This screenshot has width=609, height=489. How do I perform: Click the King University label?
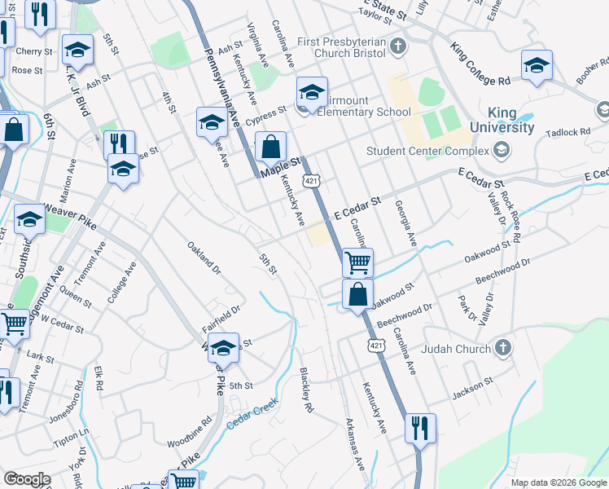coord(512,120)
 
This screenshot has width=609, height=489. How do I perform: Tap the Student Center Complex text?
coord(427,151)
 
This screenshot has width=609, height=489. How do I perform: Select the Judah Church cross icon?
coord(503,349)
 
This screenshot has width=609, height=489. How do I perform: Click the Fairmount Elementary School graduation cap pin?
coord(312,94)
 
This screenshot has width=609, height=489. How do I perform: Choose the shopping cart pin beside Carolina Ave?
coord(357,263)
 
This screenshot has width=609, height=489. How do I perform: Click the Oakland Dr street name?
coord(204,258)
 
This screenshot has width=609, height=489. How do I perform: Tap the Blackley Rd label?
coord(306,388)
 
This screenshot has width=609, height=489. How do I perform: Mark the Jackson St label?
coord(474,386)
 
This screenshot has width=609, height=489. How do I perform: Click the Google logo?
coord(27,479)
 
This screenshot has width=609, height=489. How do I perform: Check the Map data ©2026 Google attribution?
coord(558,482)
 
